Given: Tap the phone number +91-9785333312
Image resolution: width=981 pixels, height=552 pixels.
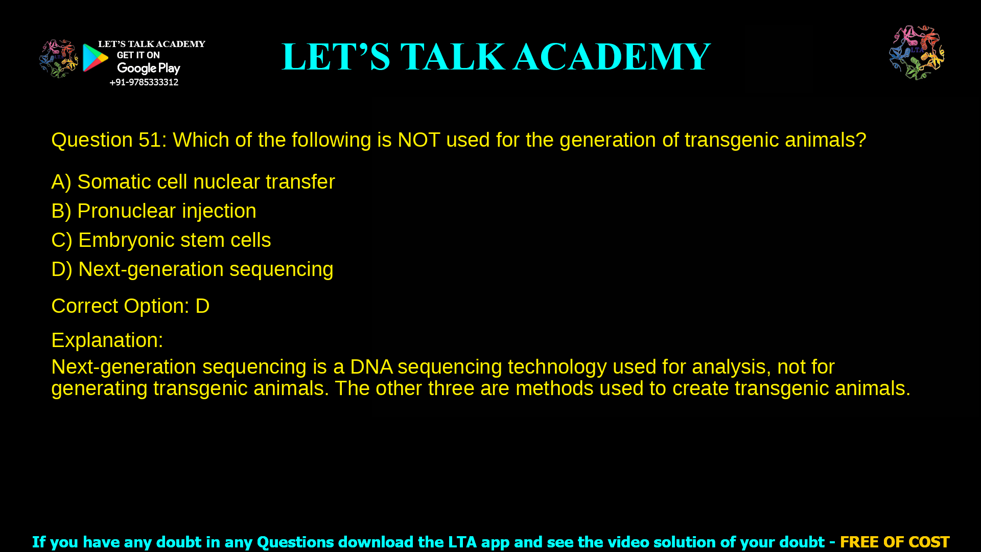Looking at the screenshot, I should tap(144, 82).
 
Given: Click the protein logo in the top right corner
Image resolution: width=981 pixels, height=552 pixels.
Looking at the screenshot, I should tap(917, 53).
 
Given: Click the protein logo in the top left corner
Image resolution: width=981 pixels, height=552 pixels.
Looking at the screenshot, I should tap(59, 59).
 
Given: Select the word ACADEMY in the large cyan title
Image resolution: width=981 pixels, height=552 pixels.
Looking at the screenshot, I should tap(612, 57).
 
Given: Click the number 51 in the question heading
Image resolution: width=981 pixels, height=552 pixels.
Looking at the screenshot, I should tap(150, 140).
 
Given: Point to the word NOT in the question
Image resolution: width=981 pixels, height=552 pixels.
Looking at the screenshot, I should tap(418, 140).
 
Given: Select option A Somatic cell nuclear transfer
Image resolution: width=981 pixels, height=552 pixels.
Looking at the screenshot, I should tap(193, 182).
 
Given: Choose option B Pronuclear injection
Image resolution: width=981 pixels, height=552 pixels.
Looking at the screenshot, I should tap(154, 211).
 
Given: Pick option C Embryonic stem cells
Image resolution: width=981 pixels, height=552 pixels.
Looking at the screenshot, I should tap(161, 240).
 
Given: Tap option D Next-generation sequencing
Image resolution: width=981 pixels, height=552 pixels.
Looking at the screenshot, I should tap(192, 269).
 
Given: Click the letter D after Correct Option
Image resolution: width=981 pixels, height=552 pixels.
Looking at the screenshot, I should tap(202, 306).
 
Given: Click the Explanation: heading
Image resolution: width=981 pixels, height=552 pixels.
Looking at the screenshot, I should tap(107, 340).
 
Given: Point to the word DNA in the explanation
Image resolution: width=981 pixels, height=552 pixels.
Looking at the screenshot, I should tap(371, 367).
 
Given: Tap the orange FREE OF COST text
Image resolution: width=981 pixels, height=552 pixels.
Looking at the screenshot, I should tap(894, 542).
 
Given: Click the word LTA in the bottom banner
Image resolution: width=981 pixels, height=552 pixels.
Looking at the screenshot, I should tap(462, 542).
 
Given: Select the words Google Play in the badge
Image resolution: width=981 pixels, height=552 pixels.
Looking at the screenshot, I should tap(149, 68).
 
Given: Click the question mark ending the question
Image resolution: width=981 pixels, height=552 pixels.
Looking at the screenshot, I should tap(861, 140).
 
